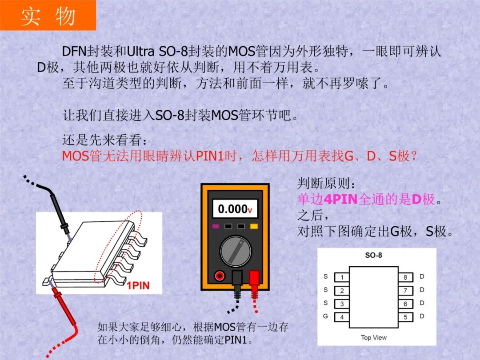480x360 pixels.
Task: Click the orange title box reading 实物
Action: [48, 16]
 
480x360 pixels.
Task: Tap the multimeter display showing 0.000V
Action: [235, 208]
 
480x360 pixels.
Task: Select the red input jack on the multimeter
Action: [220, 276]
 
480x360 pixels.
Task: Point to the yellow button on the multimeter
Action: [254, 226]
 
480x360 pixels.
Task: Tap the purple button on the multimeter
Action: [216, 226]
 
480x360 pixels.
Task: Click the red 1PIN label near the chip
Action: [138, 286]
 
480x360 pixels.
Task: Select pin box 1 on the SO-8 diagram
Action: [342, 277]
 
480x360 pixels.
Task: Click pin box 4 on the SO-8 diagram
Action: [342, 317]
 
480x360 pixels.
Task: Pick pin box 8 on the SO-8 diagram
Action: [405, 277]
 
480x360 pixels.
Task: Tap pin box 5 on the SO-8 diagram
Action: [405, 317]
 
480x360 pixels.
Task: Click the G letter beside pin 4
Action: [326, 316]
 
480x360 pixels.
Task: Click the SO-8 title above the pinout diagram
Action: [373, 255]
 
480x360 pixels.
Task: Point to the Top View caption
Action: [373, 338]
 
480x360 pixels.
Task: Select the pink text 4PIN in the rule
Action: [340, 199]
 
